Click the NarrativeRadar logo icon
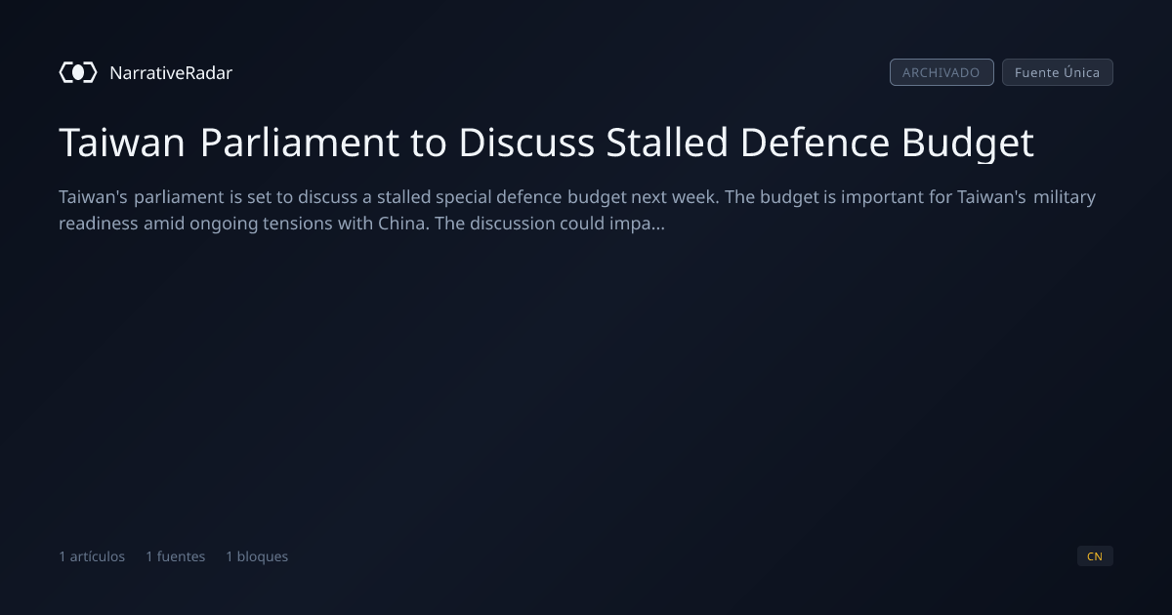(78, 72)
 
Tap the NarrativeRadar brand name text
(171, 72)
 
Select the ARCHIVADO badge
(942, 72)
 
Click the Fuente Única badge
(1057, 72)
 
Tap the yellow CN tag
(1095, 555)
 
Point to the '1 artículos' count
(92, 556)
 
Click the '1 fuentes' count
(175, 556)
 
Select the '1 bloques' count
(257, 556)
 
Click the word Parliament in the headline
(299, 143)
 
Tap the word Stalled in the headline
(666, 143)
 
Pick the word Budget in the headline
(968, 143)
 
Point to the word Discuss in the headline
(526, 143)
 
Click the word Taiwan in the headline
(121, 143)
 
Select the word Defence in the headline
(815, 143)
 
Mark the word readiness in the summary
(99, 224)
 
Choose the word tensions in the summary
(298, 224)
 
